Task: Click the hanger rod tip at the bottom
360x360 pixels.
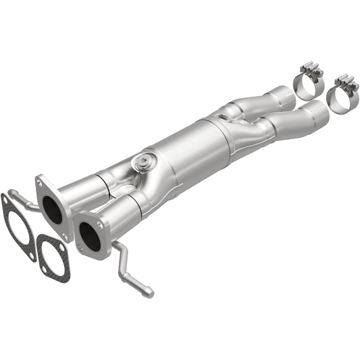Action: [148, 292]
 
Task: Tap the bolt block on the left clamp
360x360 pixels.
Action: [311, 70]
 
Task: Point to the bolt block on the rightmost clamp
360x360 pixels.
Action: [347, 83]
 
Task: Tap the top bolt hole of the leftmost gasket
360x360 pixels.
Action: [6, 200]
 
